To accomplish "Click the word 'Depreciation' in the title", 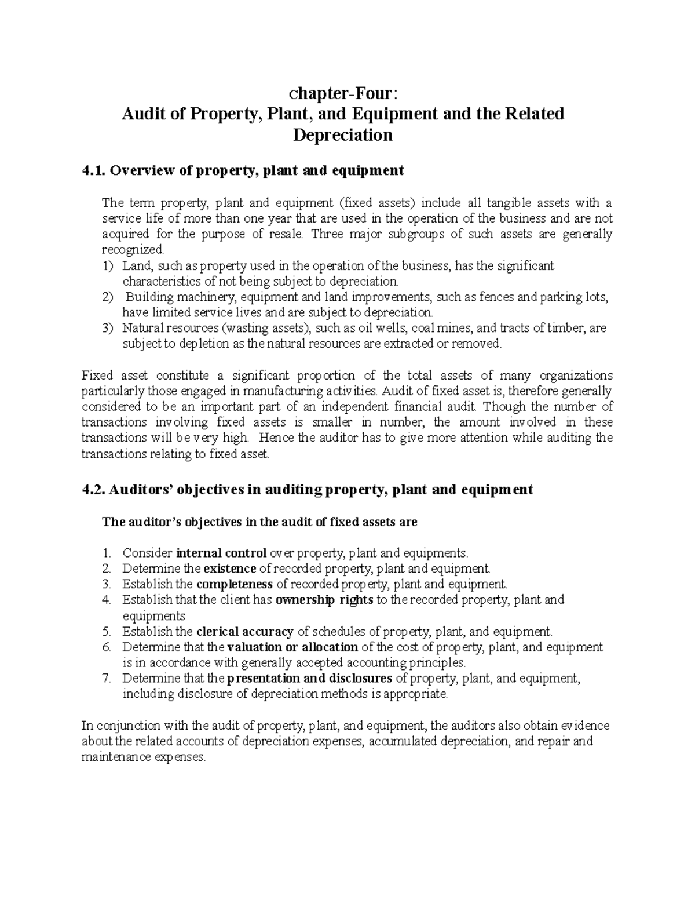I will click(x=342, y=135).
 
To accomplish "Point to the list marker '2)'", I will click(x=108, y=297).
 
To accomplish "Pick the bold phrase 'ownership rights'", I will click(x=324, y=600).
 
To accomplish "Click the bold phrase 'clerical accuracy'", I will click(x=246, y=632).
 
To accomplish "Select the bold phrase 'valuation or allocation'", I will click(x=292, y=647).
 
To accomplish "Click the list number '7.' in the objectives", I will click(x=106, y=679).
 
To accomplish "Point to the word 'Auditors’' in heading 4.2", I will click(x=138, y=490).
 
